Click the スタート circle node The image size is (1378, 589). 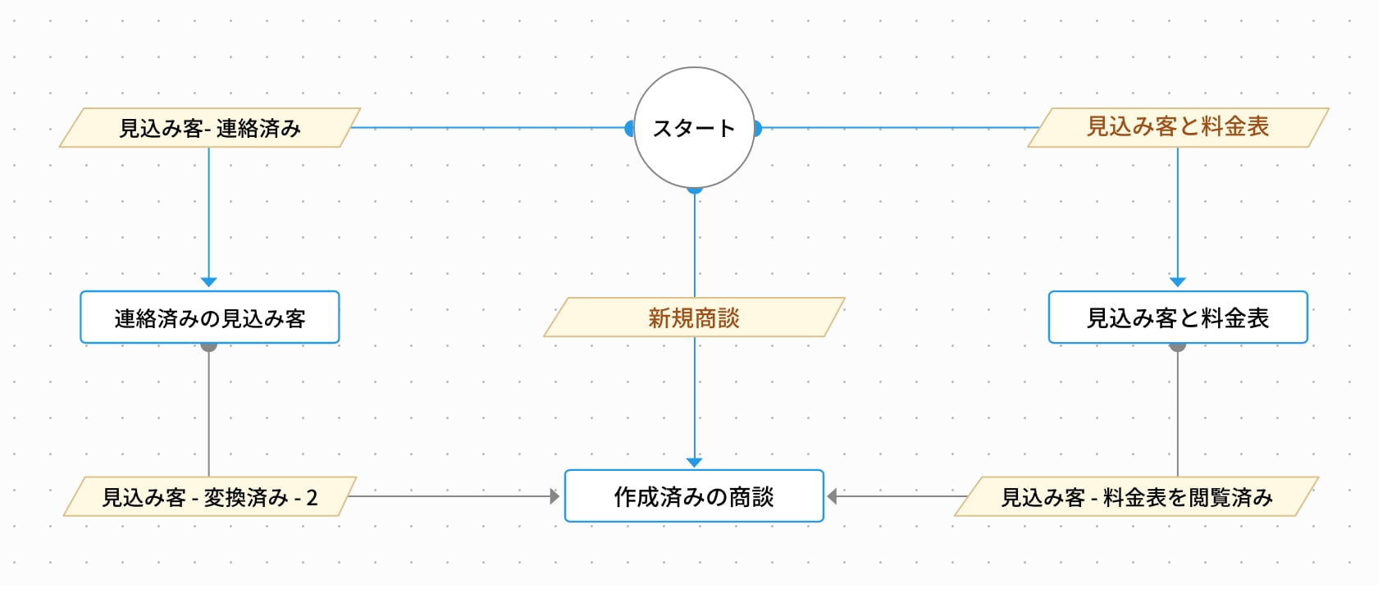click(x=694, y=128)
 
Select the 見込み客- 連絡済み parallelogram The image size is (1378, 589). click(x=210, y=128)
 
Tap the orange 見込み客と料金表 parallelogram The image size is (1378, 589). click(x=1178, y=127)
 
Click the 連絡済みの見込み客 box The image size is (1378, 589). click(x=210, y=317)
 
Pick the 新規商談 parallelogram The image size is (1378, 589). click(x=694, y=317)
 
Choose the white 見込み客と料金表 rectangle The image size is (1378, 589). click(x=1178, y=317)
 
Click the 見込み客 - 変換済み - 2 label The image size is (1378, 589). click(x=210, y=497)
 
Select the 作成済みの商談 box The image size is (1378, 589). click(x=694, y=496)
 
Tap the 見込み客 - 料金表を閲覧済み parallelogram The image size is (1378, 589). click(x=1137, y=497)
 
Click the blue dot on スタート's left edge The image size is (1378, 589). click(x=629, y=128)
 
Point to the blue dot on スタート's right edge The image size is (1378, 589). click(x=758, y=128)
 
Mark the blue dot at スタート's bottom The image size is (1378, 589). click(x=695, y=190)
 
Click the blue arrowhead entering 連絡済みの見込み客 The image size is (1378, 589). click(x=209, y=282)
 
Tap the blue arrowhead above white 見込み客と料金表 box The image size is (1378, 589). click(x=1178, y=282)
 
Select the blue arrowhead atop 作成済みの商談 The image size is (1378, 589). click(x=695, y=463)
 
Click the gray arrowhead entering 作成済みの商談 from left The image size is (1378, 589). click(x=555, y=496)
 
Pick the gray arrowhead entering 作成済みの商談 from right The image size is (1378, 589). click(x=832, y=496)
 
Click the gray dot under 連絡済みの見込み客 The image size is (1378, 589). click(x=209, y=347)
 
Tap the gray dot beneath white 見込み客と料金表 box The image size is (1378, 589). click(x=1178, y=347)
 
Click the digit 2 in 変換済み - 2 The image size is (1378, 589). click(x=312, y=498)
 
